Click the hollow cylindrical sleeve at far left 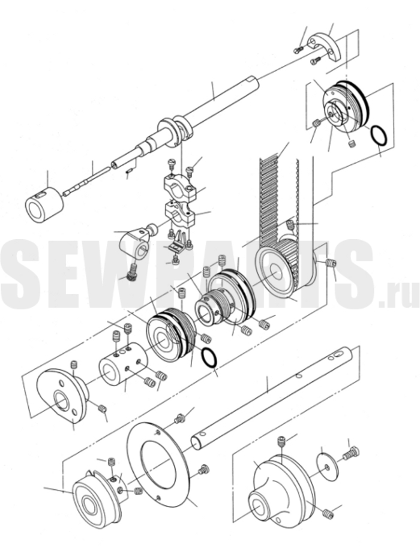click(x=44, y=204)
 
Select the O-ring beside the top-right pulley click(x=379, y=136)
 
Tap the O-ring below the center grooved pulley click(x=209, y=357)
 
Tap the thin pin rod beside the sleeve click(x=87, y=182)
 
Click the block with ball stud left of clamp click(x=134, y=245)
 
